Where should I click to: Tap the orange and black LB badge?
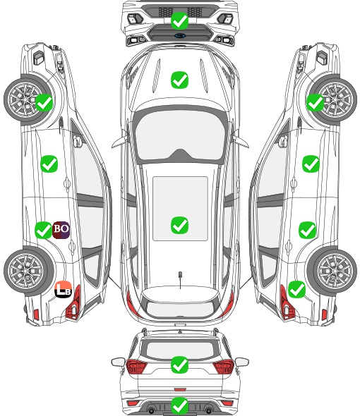pyautogui.click(x=64, y=289)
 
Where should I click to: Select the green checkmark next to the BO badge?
pyautogui.click(x=43, y=230)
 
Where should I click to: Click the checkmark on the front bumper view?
pyautogui.click(x=179, y=20)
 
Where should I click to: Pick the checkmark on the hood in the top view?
pyautogui.click(x=179, y=80)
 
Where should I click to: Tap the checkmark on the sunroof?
pyautogui.click(x=179, y=225)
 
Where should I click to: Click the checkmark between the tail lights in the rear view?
pyautogui.click(x=179, y=365)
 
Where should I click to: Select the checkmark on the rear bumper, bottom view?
pyautogui.click(x=179, y=406)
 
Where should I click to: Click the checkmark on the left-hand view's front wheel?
pyautogui.click(x=44, y=103)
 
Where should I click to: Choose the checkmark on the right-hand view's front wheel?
pyautogui.click(x=316, y=103)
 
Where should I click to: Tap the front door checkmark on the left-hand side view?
pyautogui.click(x=49, y=164)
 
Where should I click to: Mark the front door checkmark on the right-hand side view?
pyautogui.click(x=311, y=164)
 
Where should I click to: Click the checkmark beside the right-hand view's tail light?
pyautogui.click(x=296, y=290)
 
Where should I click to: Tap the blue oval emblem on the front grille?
pyautogui.click(x=180, y=35)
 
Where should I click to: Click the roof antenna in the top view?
pyautogui.click(x=180, y=279)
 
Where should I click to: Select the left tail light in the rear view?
pyautogui.click(x=136, y=366)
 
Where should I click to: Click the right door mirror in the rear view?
pyautogui.click(x=242, y=362)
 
